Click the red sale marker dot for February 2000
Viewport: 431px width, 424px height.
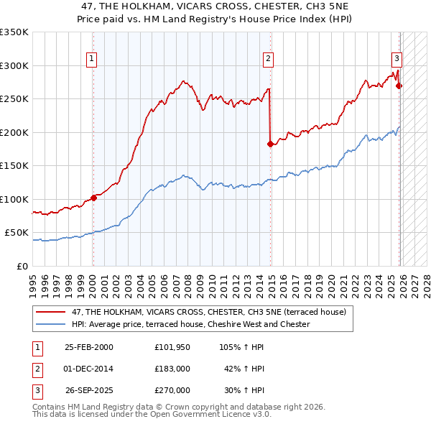93,198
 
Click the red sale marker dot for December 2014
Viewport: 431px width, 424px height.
270,144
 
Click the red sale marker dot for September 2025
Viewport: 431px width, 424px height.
399,86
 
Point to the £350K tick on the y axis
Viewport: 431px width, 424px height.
15,32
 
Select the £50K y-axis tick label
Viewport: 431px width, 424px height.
17,233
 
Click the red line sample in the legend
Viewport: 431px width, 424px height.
51,312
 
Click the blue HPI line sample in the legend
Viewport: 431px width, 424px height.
51,324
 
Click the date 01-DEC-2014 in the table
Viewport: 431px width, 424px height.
89,368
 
